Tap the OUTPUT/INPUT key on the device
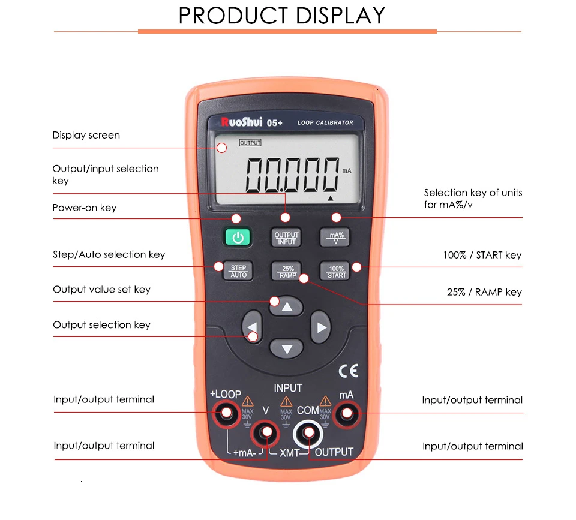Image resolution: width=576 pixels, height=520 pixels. tap(287, 238)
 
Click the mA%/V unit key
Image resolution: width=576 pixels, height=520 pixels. tap(335, 238)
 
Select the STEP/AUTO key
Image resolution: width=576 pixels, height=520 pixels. tap(238, 271)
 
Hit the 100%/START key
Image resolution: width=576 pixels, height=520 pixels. tap(337, 271)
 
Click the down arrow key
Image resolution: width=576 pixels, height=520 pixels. tap(286, 348)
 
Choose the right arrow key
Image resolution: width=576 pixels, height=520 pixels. tap(321, 327)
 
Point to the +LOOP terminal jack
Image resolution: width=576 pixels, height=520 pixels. tap(227, 413)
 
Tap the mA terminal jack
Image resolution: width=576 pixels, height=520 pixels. tap(346, 413)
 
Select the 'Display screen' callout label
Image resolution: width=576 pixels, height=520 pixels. tap(86, 136)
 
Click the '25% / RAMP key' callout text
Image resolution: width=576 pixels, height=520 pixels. tap(484, 293)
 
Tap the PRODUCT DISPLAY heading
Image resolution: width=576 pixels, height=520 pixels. tap(282, 16)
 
